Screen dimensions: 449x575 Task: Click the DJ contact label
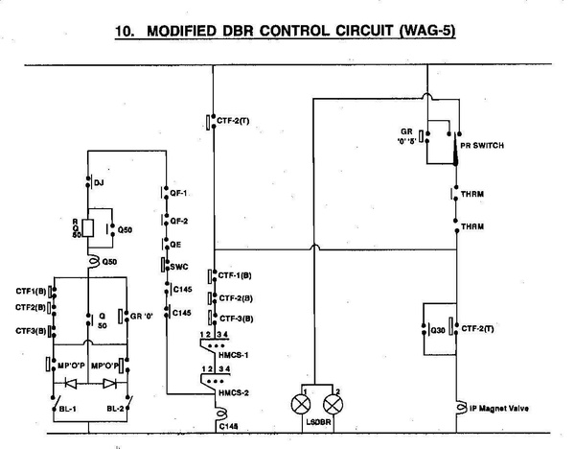click(100, 181)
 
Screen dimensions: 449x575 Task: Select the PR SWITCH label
click(482, 146)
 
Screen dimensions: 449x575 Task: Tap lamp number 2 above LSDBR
click(334, 399)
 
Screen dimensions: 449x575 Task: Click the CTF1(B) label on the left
click(31, 291)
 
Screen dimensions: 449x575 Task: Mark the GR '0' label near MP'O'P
click(143, 314)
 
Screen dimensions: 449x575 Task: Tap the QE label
click(175, 245)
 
